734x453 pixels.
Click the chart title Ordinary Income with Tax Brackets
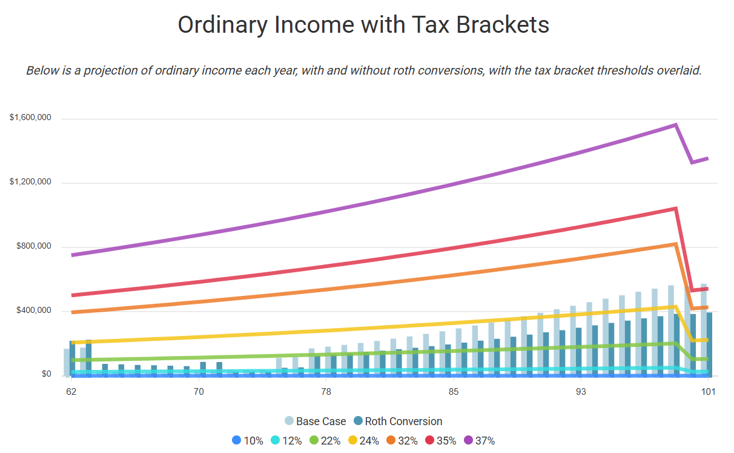(x=363, y=25)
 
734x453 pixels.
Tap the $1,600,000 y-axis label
(x=30, y=118)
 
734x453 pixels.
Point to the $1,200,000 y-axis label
(x=30, y=182)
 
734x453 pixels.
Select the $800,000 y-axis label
(x=34, y=247)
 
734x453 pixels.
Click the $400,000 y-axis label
(x=34, y=311)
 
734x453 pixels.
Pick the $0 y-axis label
(x=47, y=374)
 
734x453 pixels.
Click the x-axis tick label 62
(x=71, y=392)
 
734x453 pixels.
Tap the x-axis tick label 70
(x=199, y=392)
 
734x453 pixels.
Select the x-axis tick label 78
(x=326, y=392)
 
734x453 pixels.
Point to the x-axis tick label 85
(x=453, y=392)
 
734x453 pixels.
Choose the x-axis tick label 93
(x=581, y=392)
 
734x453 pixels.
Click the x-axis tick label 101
(x=708, y=392)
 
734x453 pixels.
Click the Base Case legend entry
(x=316, y=421)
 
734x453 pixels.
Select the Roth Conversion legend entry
(x=398, y=421)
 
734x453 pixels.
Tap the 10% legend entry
(x=248, y=441)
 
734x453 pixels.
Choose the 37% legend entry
(x=479, y=441)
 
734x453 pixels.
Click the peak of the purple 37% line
(x=675, y=125)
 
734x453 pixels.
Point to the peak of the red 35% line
(x=675, y=209)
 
